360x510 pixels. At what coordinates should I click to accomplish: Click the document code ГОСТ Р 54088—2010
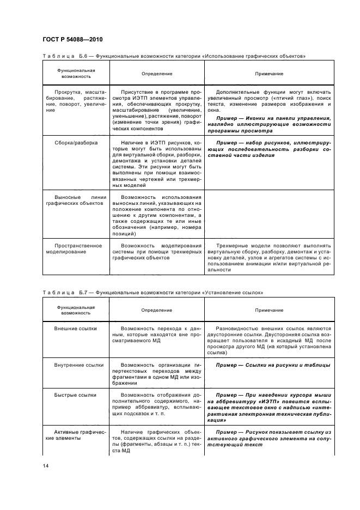(72, 40)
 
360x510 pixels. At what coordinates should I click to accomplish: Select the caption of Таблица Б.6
(173, 56)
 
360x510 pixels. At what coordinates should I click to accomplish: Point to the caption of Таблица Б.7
(152, 293)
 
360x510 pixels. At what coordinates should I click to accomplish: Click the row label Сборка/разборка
(76, 143)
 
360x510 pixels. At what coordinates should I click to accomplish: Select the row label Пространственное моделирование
(76, 249)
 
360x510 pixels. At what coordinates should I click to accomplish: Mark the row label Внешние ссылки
(76, 329)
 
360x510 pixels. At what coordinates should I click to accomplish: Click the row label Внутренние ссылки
(76, 365)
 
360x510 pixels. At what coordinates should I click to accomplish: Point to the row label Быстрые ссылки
(76, 394)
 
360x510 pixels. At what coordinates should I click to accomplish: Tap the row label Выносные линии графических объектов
(76, 200)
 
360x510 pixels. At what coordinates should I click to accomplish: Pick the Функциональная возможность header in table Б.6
(76, 73)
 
